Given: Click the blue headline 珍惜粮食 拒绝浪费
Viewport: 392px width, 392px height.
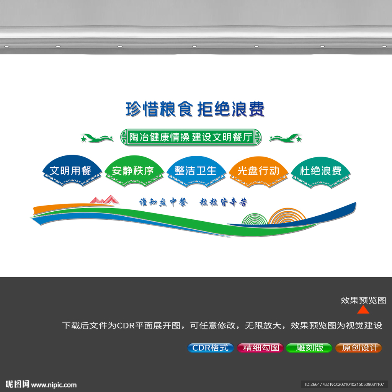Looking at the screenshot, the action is coord(195,109).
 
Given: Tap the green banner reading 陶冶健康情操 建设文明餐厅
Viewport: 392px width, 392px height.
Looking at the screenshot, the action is coord(191,137).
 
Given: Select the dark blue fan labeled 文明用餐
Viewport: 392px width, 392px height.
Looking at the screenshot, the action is coord(72,171).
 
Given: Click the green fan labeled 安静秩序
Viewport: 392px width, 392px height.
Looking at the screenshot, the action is coord(134,171).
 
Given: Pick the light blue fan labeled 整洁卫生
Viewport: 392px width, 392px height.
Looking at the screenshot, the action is coord(196,171).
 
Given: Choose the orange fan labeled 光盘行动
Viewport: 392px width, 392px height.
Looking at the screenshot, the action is coord(258,172).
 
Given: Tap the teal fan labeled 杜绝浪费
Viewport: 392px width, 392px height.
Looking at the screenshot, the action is coord(321,173).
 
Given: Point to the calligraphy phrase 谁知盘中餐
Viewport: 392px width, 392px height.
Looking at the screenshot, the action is coord(163,202).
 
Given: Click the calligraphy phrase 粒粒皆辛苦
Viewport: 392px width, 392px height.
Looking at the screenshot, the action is coord(224,202).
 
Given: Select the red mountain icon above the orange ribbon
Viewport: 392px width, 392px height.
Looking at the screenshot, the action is coord(105,200).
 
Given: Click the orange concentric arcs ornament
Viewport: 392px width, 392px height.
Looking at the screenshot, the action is coord(287,216).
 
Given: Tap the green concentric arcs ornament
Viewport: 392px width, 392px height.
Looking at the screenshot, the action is coord(255,219).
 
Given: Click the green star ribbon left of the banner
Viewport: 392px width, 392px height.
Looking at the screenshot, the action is coord(97,138).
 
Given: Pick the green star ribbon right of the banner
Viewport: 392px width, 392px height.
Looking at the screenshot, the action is coord(286,138).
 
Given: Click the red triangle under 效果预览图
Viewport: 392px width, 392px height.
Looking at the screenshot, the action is coord(363,310).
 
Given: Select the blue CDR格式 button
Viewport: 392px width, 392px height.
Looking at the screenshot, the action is coord(211,348).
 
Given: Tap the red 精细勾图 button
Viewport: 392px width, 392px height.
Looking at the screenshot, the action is coord(260,348).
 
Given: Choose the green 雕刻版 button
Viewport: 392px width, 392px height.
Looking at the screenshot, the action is coord(309,348).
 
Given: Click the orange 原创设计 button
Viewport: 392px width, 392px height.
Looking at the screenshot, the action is coord(358,348).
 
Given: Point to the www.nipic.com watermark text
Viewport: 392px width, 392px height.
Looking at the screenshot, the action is coord(54,385).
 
